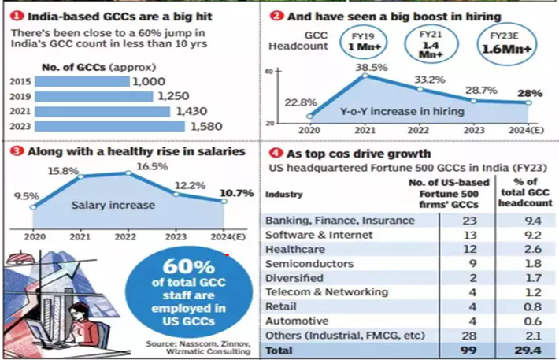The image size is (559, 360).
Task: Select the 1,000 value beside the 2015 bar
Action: pos(149,81)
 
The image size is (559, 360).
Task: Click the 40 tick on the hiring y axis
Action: pos(268,71)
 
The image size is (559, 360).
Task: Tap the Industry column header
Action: pos(284,194)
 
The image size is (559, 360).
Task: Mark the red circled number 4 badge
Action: pos(272,154)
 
